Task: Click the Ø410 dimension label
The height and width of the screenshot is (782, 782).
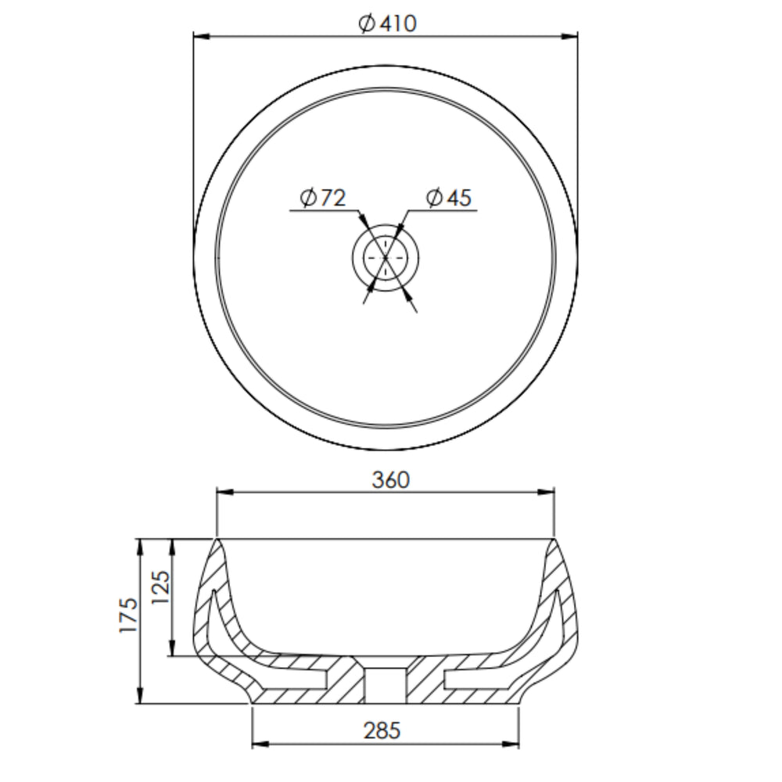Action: click(388, 23)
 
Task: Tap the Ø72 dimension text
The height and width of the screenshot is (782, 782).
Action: click(323, 198)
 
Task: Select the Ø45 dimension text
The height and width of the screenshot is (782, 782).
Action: click(449, 198)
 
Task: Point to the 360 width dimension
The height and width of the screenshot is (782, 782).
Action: click(391, 480)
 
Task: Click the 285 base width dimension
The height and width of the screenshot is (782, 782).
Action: click(382, 731)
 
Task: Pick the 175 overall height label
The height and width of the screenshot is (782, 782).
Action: click(128, 615)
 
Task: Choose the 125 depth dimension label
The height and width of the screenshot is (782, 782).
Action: click(160, 587)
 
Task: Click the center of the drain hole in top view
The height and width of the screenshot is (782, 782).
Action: click(386, 258)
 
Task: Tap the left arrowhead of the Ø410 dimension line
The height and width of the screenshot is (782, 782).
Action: click(202, 36)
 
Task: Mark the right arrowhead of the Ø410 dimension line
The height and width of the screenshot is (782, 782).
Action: click(569, 36)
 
